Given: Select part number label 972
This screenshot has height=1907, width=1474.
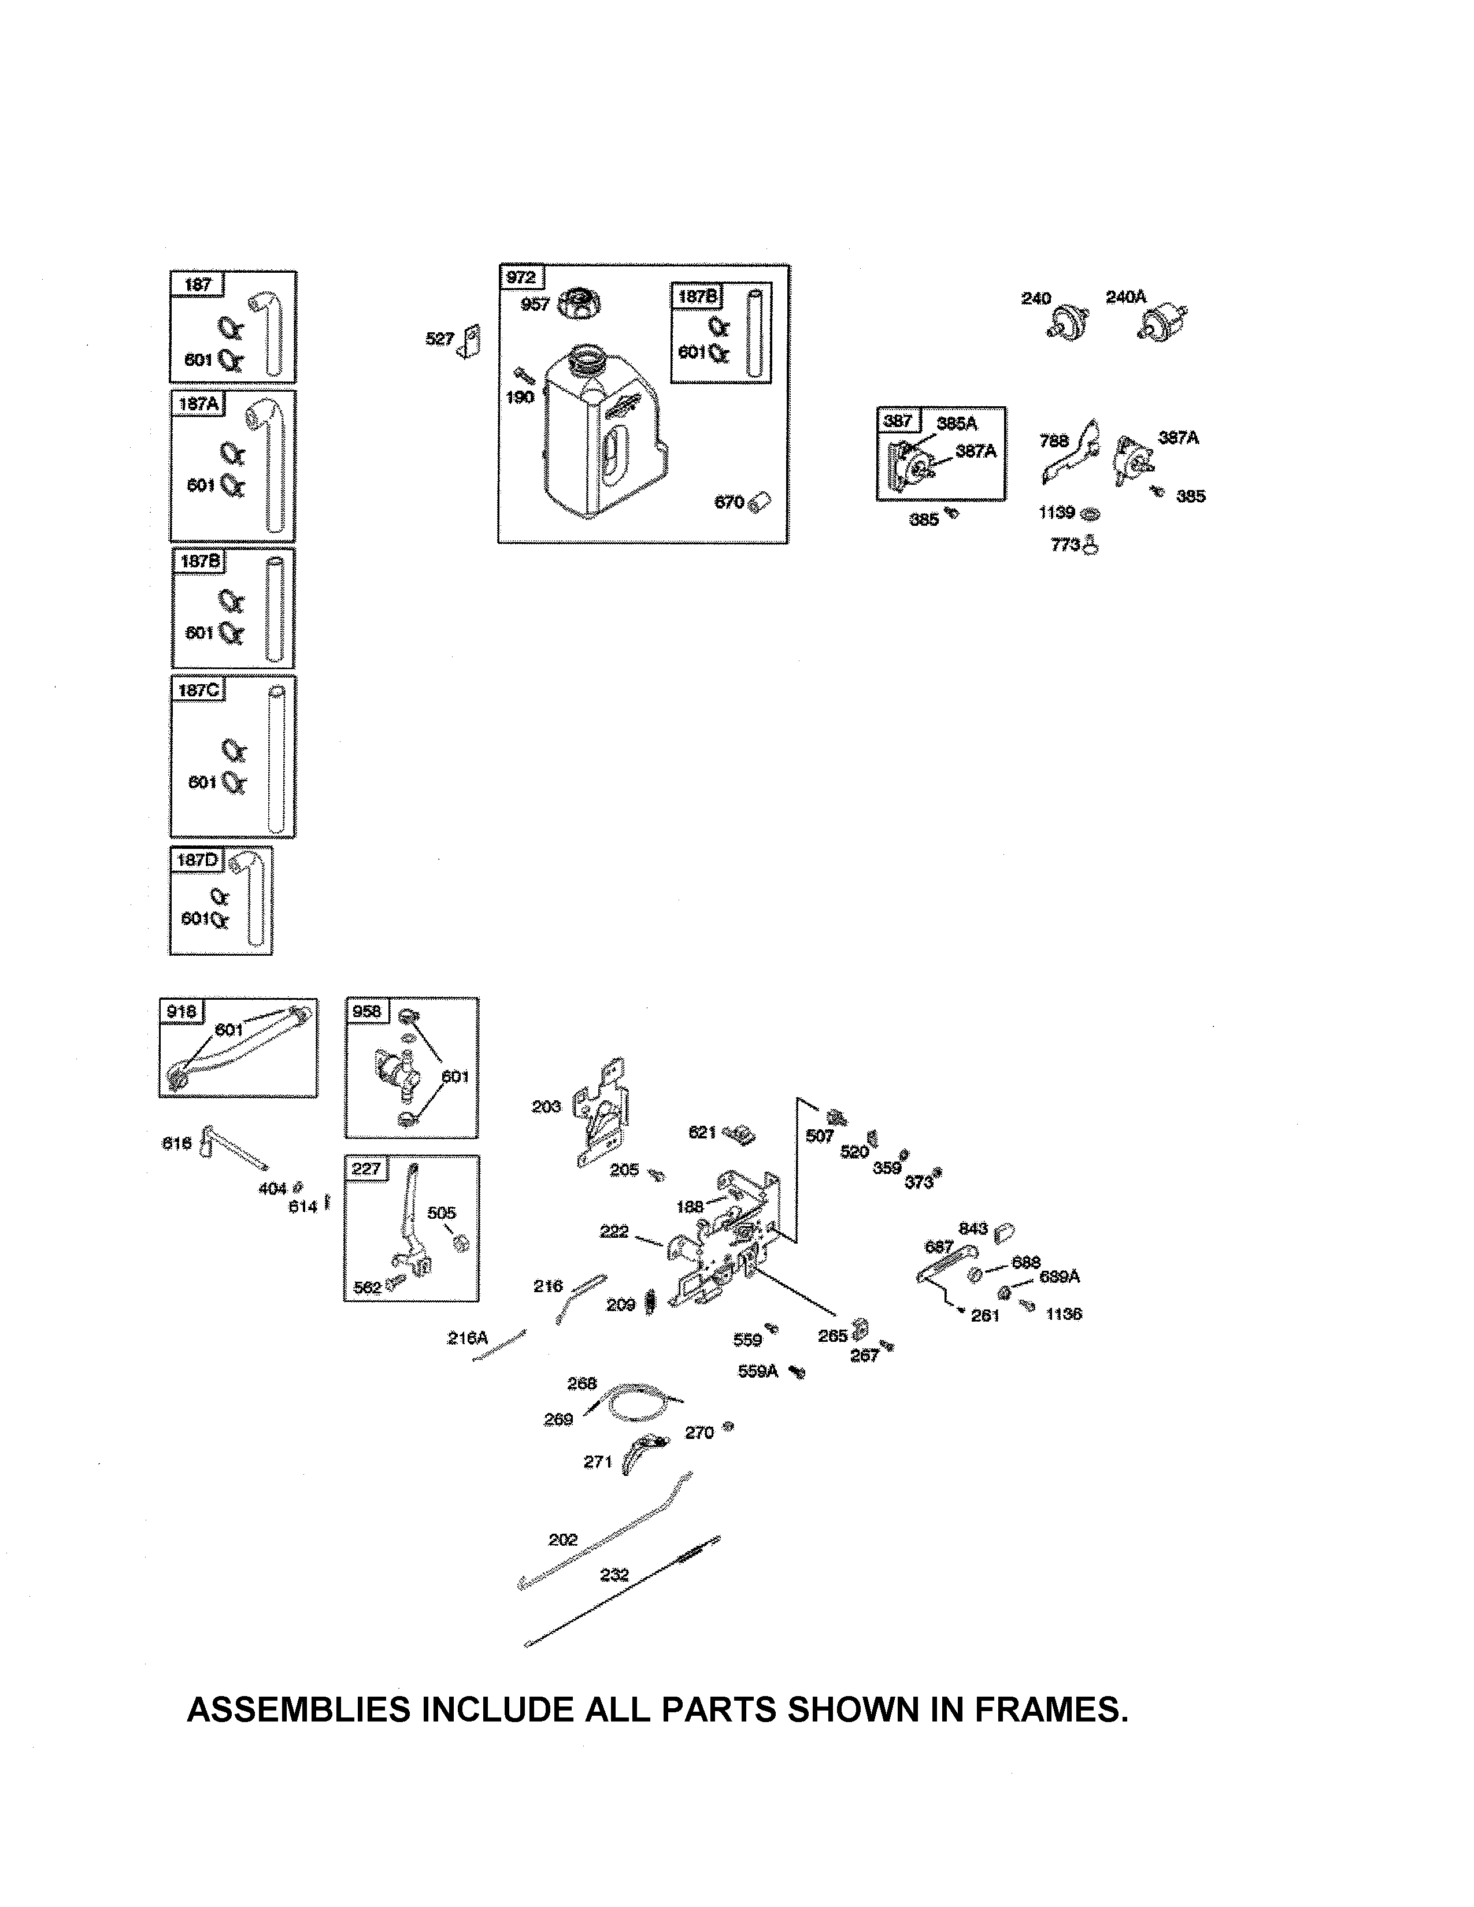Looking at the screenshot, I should point(520,277).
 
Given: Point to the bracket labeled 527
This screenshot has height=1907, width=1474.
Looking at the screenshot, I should point(472,342).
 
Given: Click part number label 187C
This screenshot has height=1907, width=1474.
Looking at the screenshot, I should point(198,690).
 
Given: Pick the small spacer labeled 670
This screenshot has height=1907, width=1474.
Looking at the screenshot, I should point(761,502).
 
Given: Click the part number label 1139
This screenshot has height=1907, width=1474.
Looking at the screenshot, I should point(1055,513).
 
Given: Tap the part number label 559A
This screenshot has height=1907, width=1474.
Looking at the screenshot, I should point(757,1371).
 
